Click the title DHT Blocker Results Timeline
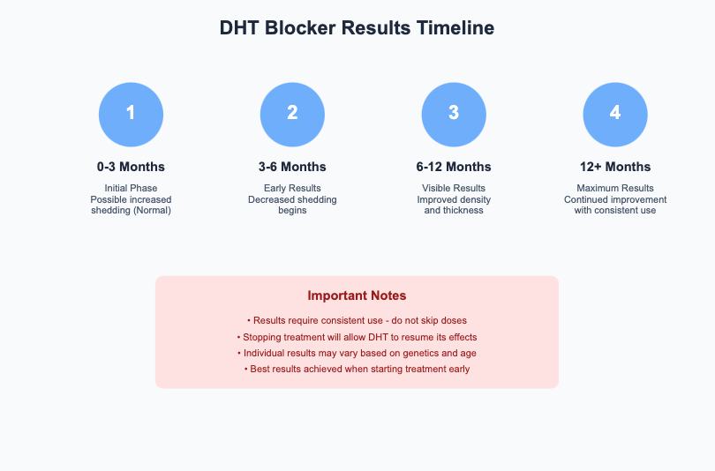tap(357, 28)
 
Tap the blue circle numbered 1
tap(131, 113)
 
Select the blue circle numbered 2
tap(292, 113)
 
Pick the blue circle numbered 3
tap(454, 113)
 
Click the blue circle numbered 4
tap(615, 113)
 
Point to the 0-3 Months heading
tap(131, 167)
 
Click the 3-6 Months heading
tap(292, 167)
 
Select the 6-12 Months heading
tap(454, 167)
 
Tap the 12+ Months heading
tap(615, 167)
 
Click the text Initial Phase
tap(131, 188)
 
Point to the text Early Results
tap(292, 188)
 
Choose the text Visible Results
tap(454, 188)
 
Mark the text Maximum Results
tap(615, 188)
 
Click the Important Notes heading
tap(357, 296)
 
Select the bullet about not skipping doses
tap(357, 320)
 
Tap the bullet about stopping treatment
tap(357, 337)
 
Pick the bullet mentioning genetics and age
tap(357, 353)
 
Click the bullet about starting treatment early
tap(357, 369)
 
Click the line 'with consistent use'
tap(615, 210)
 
